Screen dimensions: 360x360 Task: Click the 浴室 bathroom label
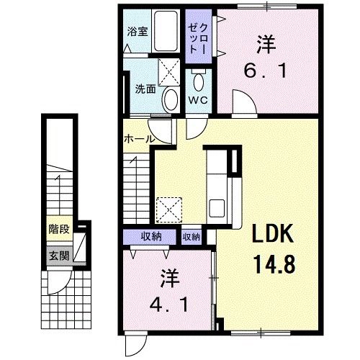point(138,32)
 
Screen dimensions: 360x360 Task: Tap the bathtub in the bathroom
point(166,31)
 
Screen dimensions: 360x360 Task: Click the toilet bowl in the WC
point(199,81)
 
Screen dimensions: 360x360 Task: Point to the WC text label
point(198,100)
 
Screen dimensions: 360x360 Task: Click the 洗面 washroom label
point(145,89)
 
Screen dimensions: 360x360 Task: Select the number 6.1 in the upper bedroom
point(266,71)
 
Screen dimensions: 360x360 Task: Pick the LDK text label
point(273,233)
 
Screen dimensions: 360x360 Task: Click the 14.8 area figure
point(275,264)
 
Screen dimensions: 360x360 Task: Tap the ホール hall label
point(138,139)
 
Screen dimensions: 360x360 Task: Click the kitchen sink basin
point(217,208)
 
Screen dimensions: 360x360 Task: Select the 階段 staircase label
point(59,229)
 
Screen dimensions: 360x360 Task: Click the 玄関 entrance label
point(59,256)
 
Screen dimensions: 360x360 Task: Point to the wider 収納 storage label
point(151,237)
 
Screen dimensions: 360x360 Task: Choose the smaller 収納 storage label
point(192,237)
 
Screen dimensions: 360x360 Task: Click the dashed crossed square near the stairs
point(169,210)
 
